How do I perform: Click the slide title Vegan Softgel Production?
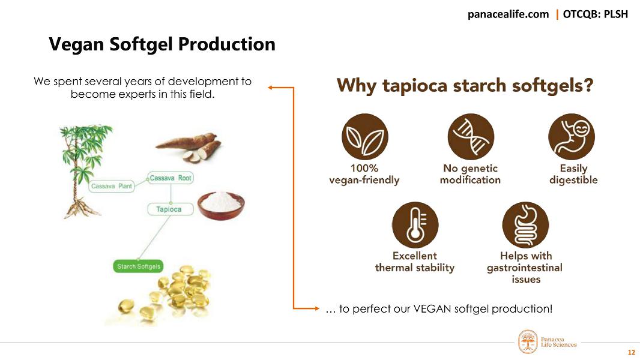tap(162, 44)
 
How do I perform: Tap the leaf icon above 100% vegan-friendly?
tap(364, 137)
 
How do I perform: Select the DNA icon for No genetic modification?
tap(471, 137)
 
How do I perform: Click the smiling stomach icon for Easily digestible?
tap(572, 137)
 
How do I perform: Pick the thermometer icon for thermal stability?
tap(415, 224)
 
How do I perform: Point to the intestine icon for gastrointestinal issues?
tap(525, 224)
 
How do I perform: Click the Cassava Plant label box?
tap(112, 187)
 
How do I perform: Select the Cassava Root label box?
tap(171, 178)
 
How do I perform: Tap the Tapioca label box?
tap(169, 209)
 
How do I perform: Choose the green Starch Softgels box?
tap(139, 266)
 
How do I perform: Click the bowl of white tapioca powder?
tap(223, 204)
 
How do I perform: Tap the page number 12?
tap(630, 352)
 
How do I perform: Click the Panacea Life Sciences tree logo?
tap(528, 341)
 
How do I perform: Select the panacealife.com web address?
tap(508, 14)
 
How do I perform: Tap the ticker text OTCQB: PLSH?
tap(595, 14)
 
